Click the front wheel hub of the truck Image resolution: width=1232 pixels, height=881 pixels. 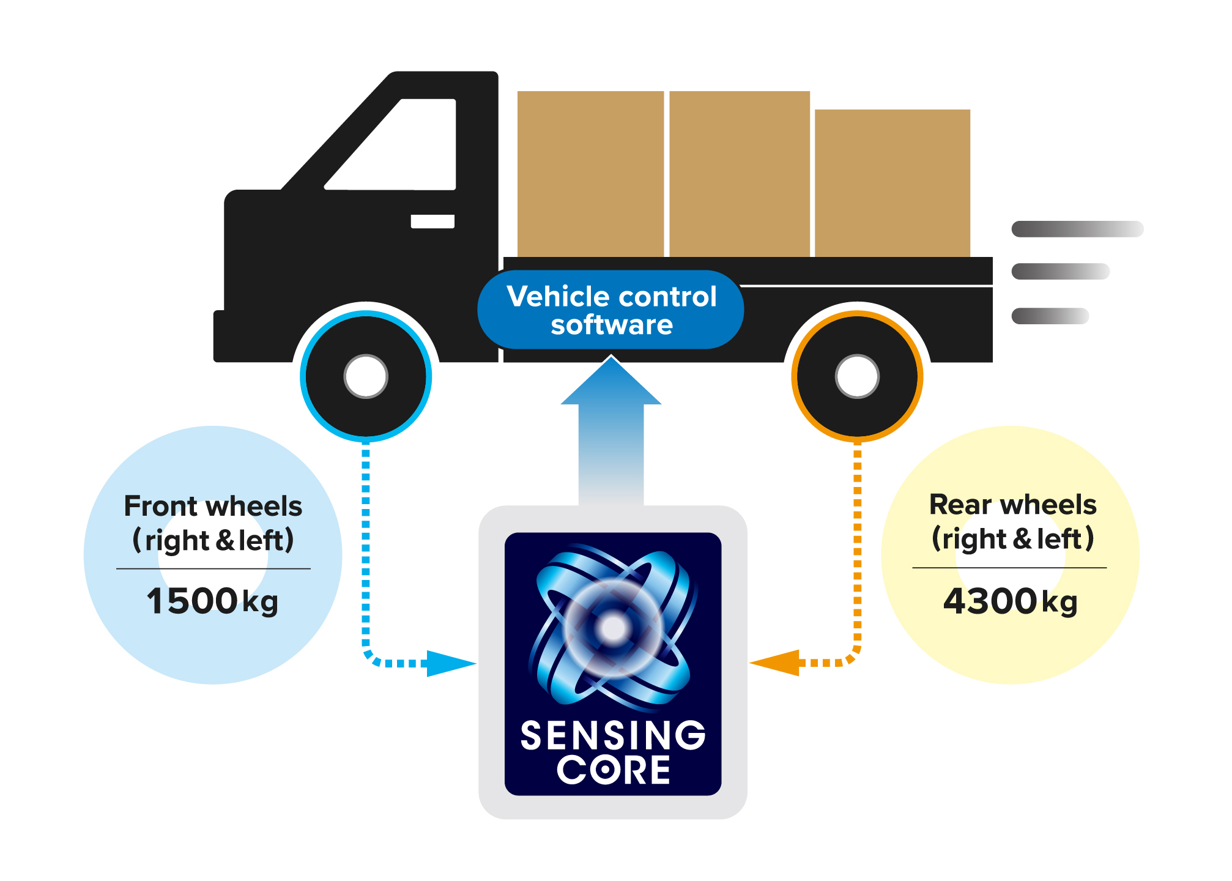click(x=366, y=376)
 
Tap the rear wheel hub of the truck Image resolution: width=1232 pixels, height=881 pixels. click(x=857, y=376)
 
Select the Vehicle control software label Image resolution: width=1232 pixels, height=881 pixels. click(x=611, y=310)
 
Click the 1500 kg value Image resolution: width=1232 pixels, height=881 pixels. click(x=212, y=601)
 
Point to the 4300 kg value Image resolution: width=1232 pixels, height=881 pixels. click(x=1010, y=601)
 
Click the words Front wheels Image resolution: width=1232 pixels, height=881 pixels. click(x=213, y=507)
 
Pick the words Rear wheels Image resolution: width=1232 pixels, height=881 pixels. click(x=1012, y=505)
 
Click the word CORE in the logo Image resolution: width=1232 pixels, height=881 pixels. click(x=613, y=770)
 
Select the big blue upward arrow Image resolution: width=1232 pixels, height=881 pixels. click(x=611, y=428)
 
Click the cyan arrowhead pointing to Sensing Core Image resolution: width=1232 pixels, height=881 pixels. click(x=450, y=663)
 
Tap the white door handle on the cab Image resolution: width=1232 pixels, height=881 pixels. click(x=432, y=221)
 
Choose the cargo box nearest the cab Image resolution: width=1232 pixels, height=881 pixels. click(x=590, y=174)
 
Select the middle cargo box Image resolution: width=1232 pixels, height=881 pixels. click(x=740, y=174)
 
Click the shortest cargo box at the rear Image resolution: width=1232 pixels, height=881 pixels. click(x=892, y=183)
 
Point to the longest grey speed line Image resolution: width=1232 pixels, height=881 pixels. click(x=1077, y=229)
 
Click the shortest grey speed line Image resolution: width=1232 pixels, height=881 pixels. click(x=1050, y=316)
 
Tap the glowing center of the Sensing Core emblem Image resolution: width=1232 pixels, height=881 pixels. click(x=613, y=628)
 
